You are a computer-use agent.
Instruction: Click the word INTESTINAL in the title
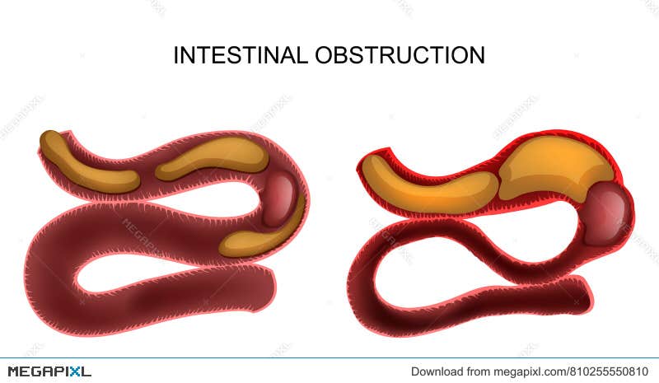tap(241, 56)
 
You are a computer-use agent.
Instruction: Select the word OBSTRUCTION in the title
tap(400, 56)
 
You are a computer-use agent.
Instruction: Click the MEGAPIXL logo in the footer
tap(49, 371)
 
